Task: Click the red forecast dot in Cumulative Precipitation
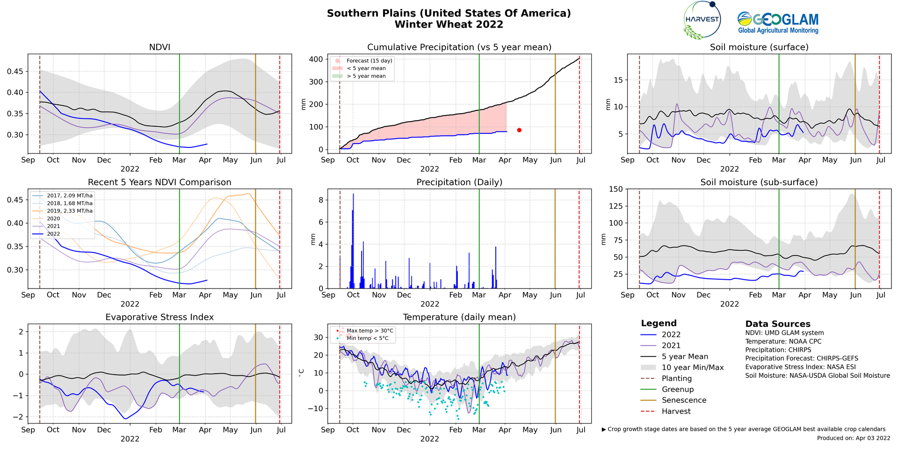[x=519, y=130]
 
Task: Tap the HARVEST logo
[x=702, y=20]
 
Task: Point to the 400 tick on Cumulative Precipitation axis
[x=316, y=59]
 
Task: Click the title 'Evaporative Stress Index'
[x=159, y=317]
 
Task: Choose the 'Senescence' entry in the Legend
[x=684, y=400]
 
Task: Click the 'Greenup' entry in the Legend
[x=678, y=390]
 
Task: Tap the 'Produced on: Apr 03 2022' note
[x=854, y=438]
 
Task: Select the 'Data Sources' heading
[x=778, y=324]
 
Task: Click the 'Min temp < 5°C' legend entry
[x=367, y=338]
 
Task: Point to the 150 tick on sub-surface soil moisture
[x=616, y=189]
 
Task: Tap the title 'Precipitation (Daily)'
[x=459, y=182]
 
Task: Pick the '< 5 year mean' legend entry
[x=366, y=68]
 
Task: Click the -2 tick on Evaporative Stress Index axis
[x=20, y=417]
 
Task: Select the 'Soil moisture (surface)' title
[x=759, y=47]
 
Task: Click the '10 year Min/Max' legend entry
[x=693, y=368]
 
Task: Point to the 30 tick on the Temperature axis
[x=318, y=338]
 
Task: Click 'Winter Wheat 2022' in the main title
[x=449, y=25]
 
